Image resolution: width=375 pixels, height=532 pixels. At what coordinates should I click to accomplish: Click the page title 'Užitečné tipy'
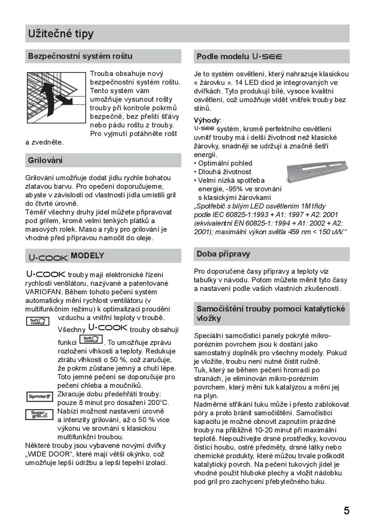pyautogui.click(x=60, y=33)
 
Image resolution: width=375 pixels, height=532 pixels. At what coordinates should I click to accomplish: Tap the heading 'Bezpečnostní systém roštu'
pyautogui.click(x=80, y=56)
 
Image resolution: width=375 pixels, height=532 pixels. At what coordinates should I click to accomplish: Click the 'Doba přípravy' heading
pyautogui.click(x=223, y=254)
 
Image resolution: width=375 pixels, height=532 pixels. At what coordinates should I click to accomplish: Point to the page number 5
pyautogui.click(x=346, y=511)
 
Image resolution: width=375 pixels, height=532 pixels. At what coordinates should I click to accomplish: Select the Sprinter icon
pyautogui.click(x=39, y=397)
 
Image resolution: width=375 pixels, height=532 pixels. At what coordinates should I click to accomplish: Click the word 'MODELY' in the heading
pyautogui.click(x=88, y=256)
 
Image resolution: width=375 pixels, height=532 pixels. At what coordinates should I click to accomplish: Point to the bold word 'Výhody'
pyautogui.click(x=207, y=120)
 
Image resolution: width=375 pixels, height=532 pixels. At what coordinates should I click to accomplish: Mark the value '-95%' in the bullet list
pyautogui.click(x=235, y=189)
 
